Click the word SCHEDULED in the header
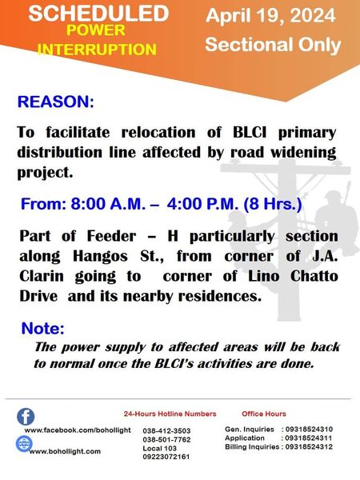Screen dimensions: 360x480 [x=98, y=13]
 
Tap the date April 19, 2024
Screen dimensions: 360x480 [x=270, y=16]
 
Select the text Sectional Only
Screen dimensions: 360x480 [x=273, y=45]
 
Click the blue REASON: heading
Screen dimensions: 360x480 [x=56, y=102]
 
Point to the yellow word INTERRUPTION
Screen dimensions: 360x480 [x=97, y=50]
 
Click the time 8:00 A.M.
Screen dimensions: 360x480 [x=108, y=203]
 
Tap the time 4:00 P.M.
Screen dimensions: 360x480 [x=202, y=203]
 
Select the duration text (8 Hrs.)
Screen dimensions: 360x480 [x=273, y=204]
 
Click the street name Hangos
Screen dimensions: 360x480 [x=100, y=257]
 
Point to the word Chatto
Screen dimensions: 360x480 [x=314, y=276]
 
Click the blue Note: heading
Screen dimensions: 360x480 [x=43, y=329]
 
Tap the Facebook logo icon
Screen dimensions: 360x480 [x=26, y=417]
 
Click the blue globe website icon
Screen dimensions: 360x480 [x=24, y=443]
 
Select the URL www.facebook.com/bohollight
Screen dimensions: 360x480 [x=78, y=430]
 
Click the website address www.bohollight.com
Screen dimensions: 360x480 [x=65, y=451]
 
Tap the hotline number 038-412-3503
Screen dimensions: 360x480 [x=166, y=431]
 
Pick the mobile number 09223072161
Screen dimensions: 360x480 [x=166, y=457]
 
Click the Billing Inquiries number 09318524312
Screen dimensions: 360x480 [x=309, y=447]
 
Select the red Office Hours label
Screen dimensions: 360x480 [x=264, y=414]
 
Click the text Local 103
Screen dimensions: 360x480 [x=159, y=449]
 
